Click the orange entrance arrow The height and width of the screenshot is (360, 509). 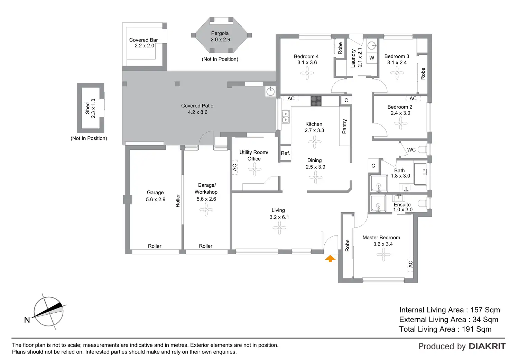click(x=330, y=258)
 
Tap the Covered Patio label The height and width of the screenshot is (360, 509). click(x=197, y=106)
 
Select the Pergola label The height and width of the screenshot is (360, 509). click(x=220, y=33)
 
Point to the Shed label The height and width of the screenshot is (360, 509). click(x=87, y=108)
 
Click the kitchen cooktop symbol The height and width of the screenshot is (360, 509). click(x=316, y=101)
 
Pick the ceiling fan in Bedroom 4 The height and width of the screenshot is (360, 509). click(x=307, y=73)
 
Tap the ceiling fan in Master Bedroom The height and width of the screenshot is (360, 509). click(x=383, y=255)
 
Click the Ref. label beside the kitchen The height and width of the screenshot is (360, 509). click(x=285, y=153)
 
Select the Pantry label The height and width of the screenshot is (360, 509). click(x=344, y=127)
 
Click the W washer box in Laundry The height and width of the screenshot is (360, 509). click(x=372, y=58)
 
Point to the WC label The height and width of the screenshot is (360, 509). click(x=411, y=150)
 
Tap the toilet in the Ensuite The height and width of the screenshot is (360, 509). click(x=423, y=203)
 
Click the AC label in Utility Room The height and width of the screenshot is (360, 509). click(x=234, y=167)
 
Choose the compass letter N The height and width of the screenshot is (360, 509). click(x=27, y=320)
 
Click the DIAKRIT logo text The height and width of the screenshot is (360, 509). click(x=487, y=346)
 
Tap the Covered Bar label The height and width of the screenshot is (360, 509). click(x=143, y=40)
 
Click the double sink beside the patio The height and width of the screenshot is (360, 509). click(x=285, y=117)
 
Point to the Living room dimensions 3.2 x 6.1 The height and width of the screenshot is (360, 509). click(x=279, y=217)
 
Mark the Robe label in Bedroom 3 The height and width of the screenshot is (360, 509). click(x=423, y=74)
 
